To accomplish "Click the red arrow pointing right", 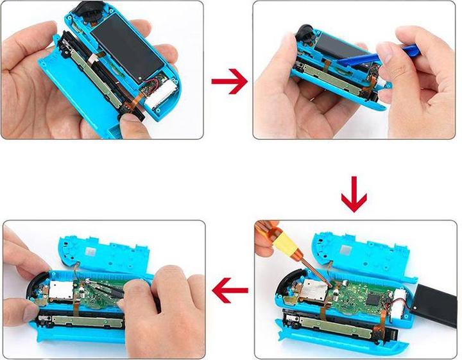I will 229,80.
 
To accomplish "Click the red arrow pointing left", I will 230,292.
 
